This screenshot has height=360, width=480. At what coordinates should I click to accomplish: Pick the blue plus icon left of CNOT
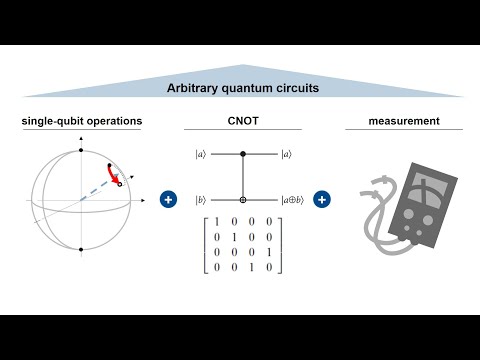pyautogui.click(x=168, y=200)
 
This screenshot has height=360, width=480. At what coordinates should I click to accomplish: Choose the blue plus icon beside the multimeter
pyautogui.click(x=322, y=200)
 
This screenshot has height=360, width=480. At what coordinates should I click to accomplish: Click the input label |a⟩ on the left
pyautogui.click(x=201, y=154)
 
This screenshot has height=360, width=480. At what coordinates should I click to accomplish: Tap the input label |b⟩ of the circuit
pyautogui.click(x=201, y=200)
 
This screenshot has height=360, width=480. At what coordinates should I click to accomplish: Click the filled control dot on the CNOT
pyautogui.click(x=243, y=154)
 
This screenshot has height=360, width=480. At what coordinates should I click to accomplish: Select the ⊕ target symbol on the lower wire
pyautogui.click(x=243, y=200)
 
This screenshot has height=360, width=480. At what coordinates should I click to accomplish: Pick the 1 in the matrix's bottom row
pyautogui.click(x=254, y=268)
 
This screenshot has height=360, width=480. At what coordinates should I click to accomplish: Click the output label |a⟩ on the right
pyautogui.click(x=288, y=154)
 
